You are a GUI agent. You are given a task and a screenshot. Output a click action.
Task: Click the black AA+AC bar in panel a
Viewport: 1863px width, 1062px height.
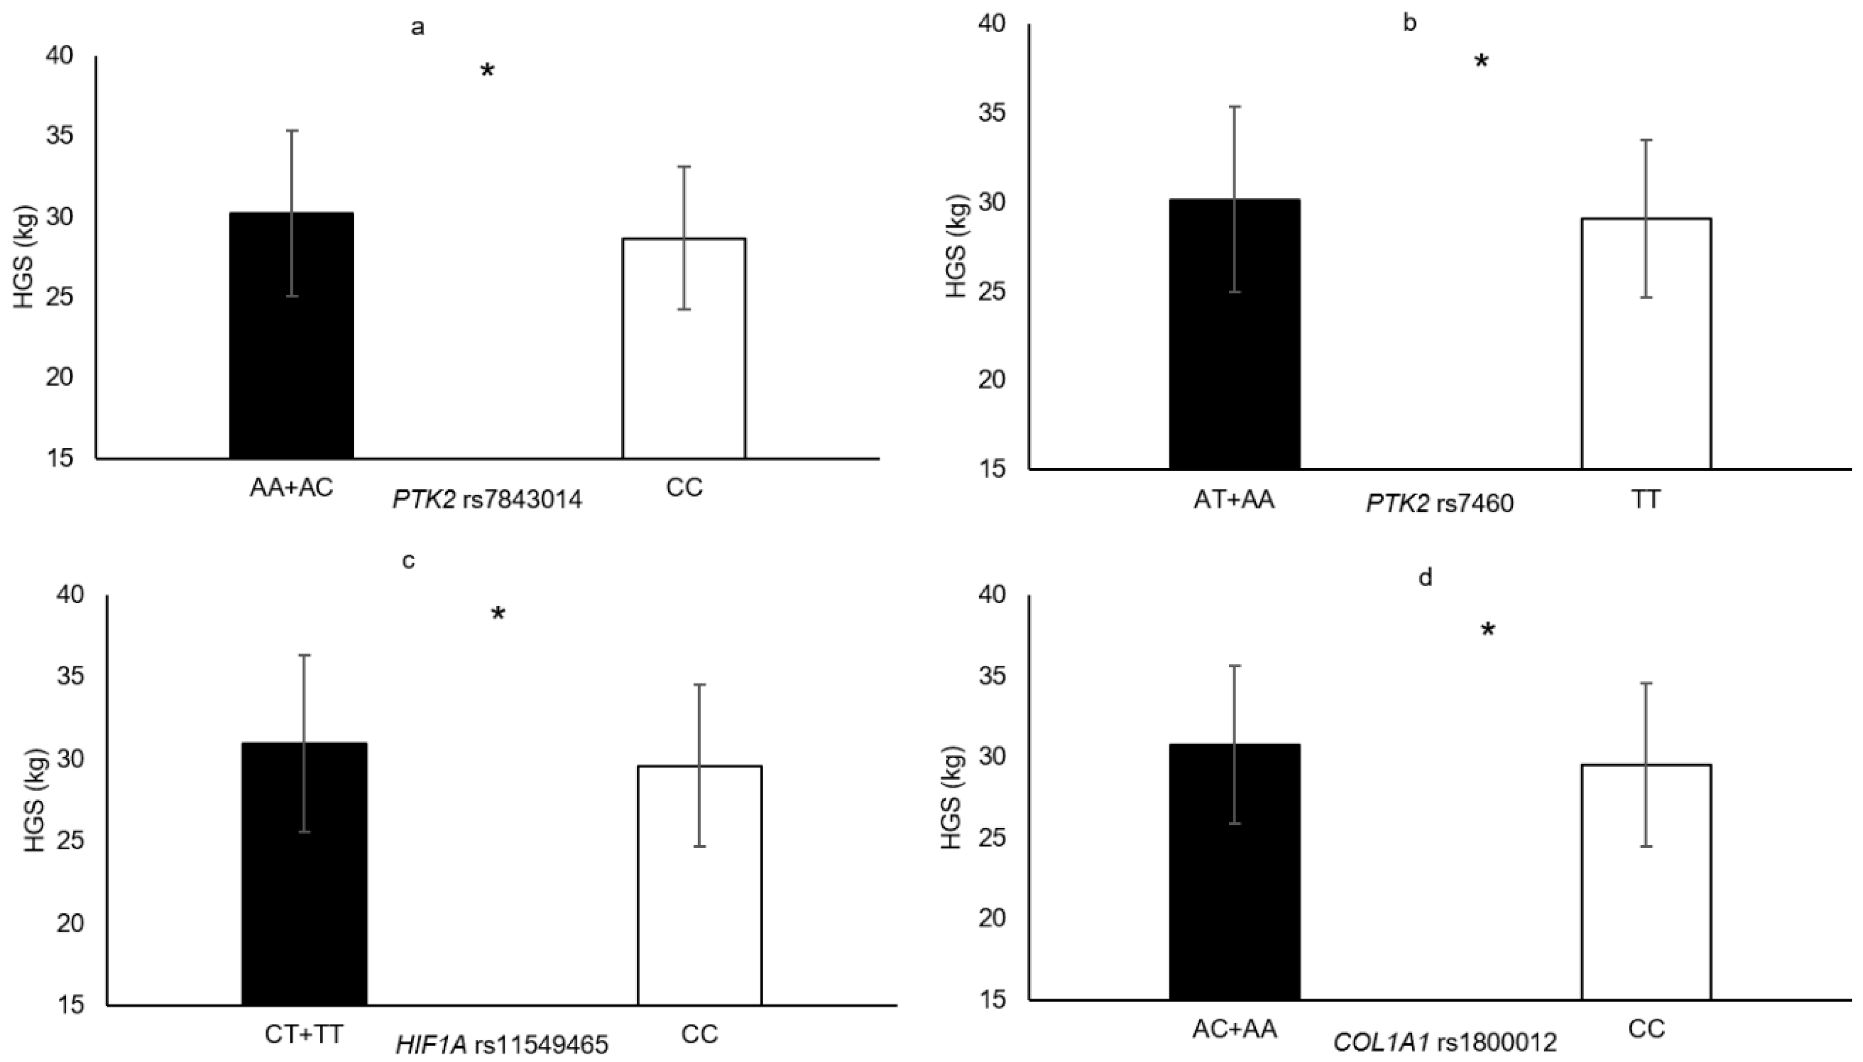(292, 335)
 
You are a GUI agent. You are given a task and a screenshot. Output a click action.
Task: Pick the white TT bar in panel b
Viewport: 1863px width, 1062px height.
(1647, 343)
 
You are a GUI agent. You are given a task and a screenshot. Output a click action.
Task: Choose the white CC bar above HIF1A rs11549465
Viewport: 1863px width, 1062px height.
(700, 886)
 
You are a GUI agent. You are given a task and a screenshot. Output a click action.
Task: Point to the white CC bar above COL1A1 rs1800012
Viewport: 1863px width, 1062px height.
(1647, 882)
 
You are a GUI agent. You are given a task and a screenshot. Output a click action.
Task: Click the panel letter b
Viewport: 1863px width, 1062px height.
(1410, 23)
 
